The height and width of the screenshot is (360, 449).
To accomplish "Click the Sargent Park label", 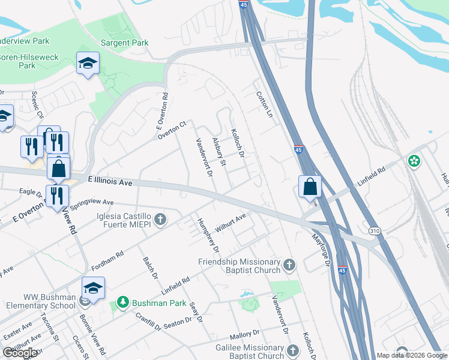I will (124, 43).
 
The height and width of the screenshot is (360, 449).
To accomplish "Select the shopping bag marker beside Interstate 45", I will (310, 186).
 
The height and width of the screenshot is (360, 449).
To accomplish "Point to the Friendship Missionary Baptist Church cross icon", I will (289, 264).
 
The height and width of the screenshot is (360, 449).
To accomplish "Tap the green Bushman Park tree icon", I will (123, 301).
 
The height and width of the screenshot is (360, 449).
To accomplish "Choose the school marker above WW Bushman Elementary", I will (93, 289).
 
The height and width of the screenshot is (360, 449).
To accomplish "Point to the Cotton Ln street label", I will (264, 104).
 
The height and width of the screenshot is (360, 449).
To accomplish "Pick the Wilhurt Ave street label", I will (232, 224).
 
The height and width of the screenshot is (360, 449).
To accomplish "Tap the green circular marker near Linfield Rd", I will (414, 160).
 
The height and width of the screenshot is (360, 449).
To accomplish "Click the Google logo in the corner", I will (20, 353).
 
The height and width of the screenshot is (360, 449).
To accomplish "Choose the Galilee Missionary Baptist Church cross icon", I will (292, 350).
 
